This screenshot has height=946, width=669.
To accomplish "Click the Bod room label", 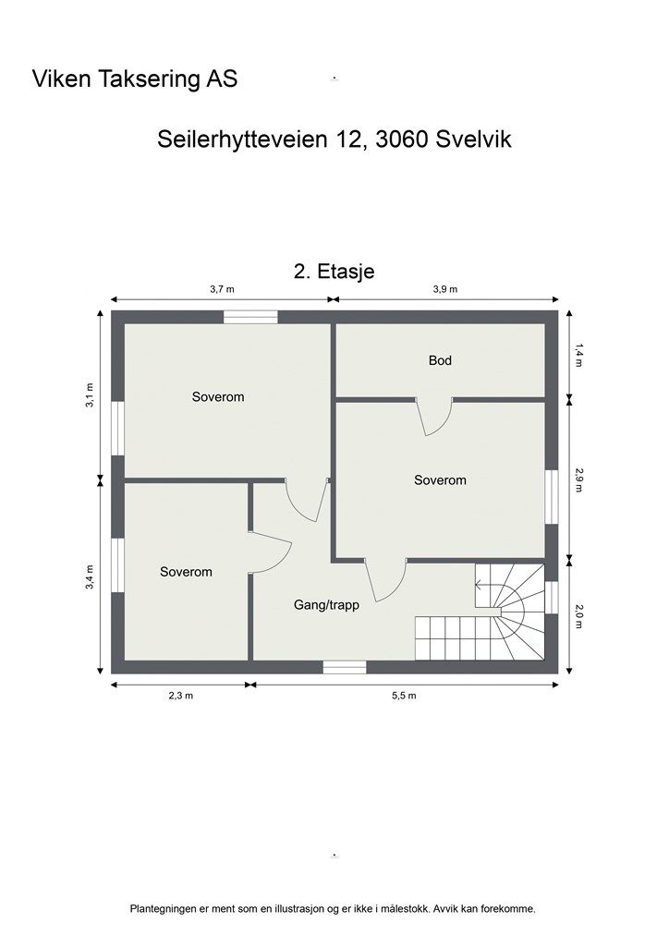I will pyautogui.click(x=440, y=360).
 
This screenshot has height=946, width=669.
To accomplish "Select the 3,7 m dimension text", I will pyautogui.click(x=222, y=289).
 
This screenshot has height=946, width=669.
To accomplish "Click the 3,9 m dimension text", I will pyautogui.click(x=445, y=289).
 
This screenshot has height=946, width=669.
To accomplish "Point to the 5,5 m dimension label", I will pyautogui.click(x=404, y=696).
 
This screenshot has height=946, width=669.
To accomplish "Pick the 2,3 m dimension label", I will pyautogui.click(x=180, y=696).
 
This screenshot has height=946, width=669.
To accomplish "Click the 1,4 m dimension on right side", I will pyautogui.click(x=579, y=355).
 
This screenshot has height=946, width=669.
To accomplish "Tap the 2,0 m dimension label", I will pyautogui.click(x=579, y=616).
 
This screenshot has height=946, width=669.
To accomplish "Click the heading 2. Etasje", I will pyautogui.click(x=334, y=271).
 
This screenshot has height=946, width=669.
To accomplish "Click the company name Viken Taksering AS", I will pyautogui.click(x=135, y=79).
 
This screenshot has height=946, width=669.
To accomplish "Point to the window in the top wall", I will pyautogui.click(x=250, y=317).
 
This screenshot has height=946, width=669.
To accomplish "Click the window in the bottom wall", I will pyautogui.click(x=345, y=667).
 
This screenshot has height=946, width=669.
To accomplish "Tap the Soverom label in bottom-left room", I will pyautogui.click(x=186, y=572).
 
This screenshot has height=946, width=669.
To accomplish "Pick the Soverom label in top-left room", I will pyautogui.click(x=218, y=397).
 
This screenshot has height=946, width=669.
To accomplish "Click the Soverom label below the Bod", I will pyautogui.click(x=440, y=480).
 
